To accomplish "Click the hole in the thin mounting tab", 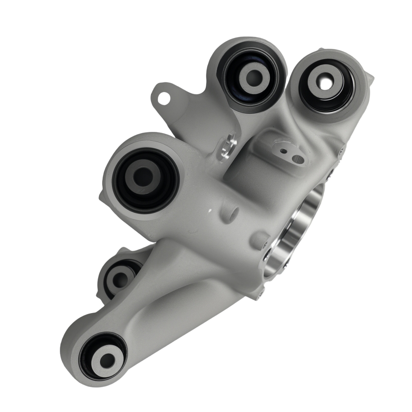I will pos(164,98).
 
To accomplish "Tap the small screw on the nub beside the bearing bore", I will pos(264,246).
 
